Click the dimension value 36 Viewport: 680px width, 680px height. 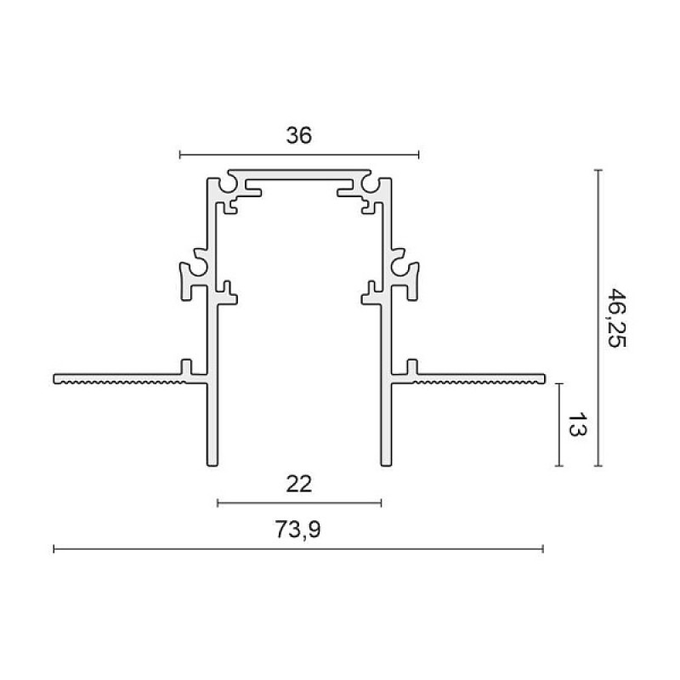299,136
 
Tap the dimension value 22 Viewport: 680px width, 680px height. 299,484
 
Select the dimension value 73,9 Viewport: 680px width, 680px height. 298,530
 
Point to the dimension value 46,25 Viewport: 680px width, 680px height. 616,318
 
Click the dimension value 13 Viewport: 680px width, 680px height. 577,424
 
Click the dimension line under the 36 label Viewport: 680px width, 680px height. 299,155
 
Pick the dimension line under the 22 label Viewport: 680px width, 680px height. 299,503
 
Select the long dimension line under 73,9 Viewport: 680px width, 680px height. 298,549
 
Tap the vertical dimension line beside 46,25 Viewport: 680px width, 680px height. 598,318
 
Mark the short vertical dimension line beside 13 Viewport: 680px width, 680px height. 559,425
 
